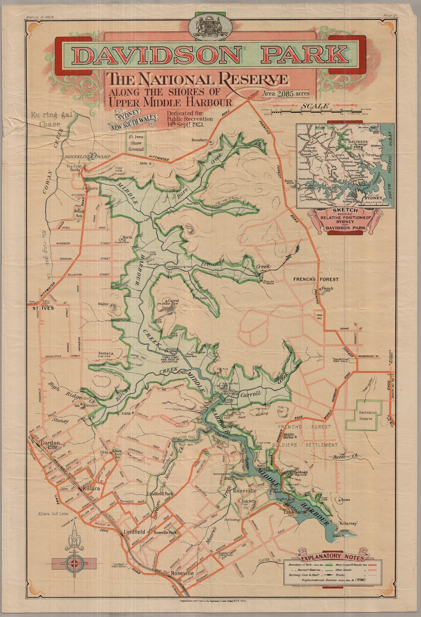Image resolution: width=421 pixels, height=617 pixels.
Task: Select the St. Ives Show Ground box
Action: (136, 143)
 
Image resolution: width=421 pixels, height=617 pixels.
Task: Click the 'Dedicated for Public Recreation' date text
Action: (190, 119)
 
